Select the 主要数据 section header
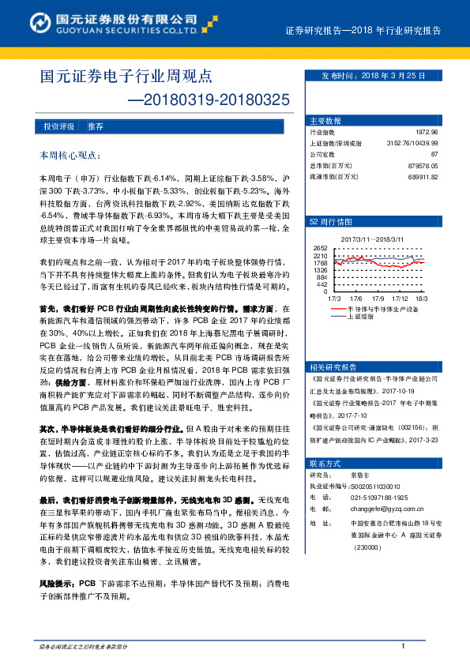point(326,121)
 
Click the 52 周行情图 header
point(330,222)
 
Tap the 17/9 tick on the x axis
point(378,299)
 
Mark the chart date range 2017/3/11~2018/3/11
point(374,238)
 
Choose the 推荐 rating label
point(96,126)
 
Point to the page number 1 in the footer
point(403,647)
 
